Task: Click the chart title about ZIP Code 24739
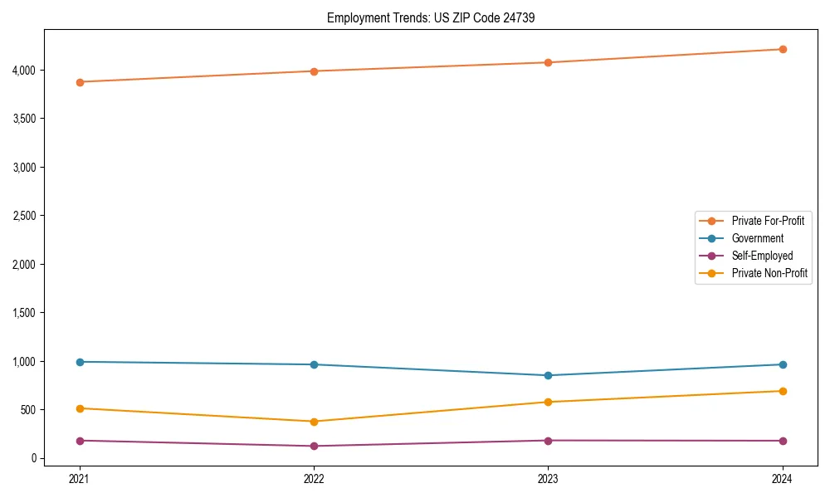tap(424, 17)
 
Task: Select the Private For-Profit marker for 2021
tap(80, 82)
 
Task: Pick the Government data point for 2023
tap(548, 375)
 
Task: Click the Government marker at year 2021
tap(80, 362)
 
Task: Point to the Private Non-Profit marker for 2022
tap(314, 422)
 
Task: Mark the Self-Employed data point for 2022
tap(314, 447)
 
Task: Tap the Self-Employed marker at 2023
tap(548, 441)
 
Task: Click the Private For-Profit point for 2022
tap(314, 71)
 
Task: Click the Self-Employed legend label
tap(762, 256)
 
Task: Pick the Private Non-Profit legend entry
tap(769, 273)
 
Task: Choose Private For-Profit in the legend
tap(768, 221)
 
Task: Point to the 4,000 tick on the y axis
tap(24, 70)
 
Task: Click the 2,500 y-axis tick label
tap(24, 216)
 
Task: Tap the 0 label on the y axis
tap(33, 458)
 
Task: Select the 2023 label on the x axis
tap(548, 479)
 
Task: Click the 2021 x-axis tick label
tap(80, 479)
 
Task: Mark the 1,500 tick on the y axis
tap(24, 313)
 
